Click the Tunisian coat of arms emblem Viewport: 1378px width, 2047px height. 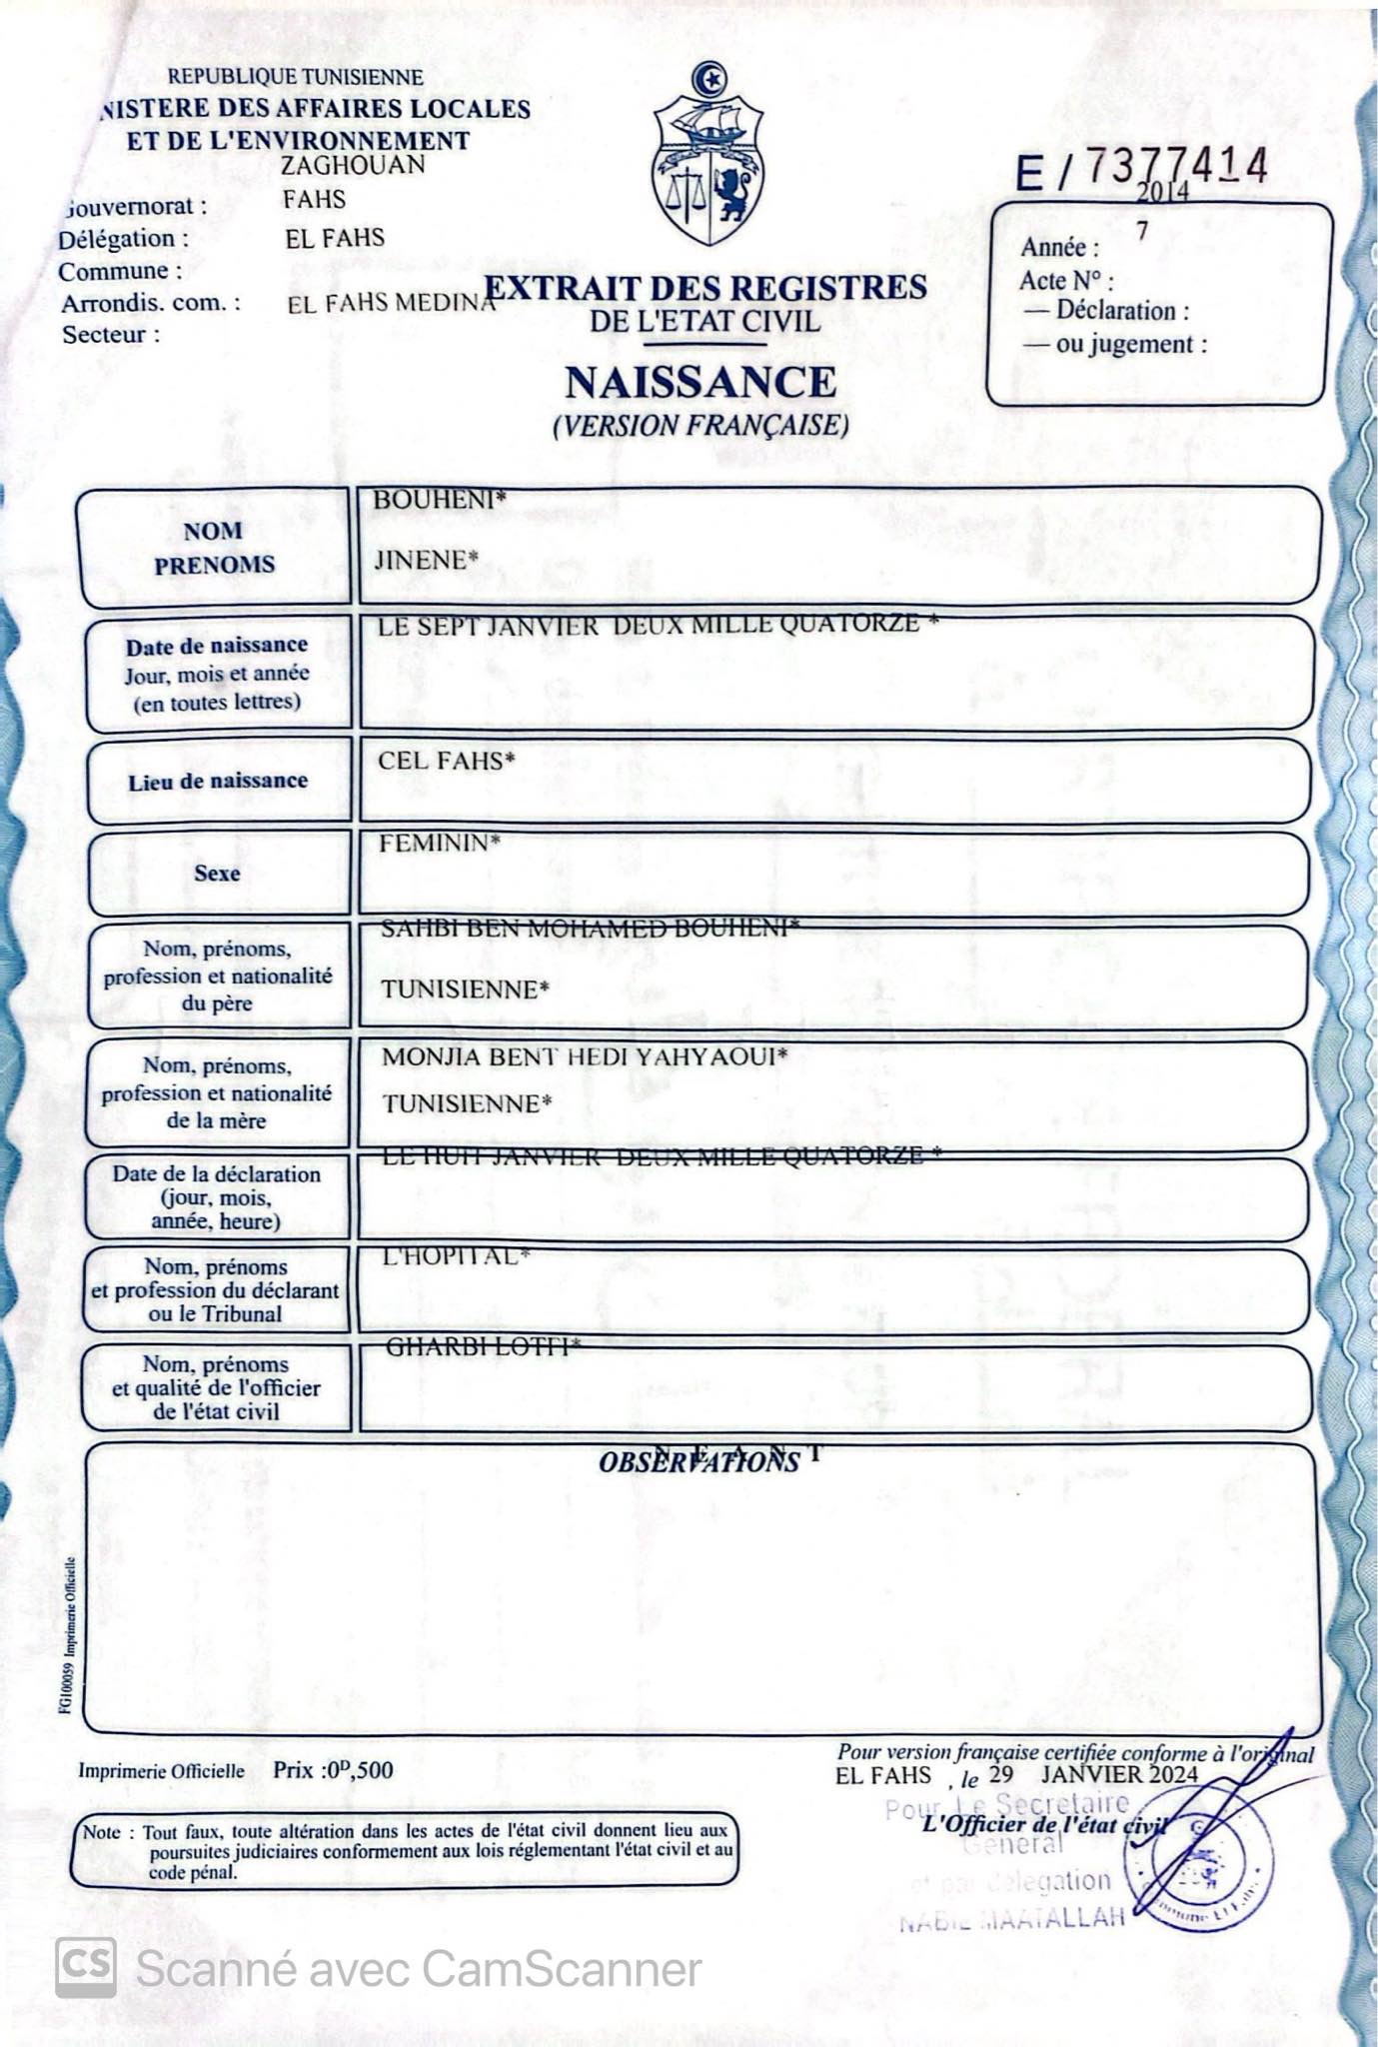point(709,156)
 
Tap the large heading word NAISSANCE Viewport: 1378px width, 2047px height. point(700,383)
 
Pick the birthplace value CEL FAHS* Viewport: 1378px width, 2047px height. point(446,761)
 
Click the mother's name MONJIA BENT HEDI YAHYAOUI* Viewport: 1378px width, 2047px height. point(585,1056)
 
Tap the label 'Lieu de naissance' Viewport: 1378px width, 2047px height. point(218,782)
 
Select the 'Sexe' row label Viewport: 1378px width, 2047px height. point(217,874)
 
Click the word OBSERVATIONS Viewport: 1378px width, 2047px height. point(698,1462)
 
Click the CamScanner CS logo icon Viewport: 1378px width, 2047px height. point(85,1968)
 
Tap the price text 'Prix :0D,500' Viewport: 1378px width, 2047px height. point(333,1770)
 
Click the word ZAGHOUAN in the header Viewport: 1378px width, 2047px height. point(353,165)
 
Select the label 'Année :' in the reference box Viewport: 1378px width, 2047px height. point(1059,248)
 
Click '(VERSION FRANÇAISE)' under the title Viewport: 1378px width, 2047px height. point(700,426)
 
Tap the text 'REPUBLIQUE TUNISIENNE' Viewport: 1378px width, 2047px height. point(295,77)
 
